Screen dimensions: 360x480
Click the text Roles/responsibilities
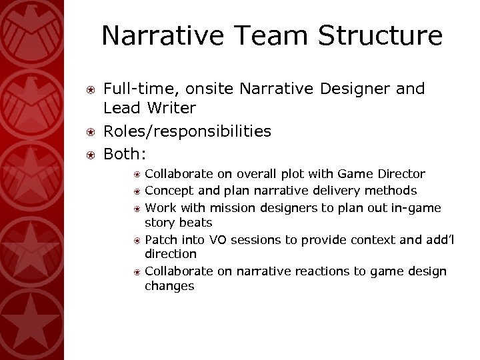coord(187,131)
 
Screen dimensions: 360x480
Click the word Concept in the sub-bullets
coord(167,191)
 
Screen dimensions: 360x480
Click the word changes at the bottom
coord(169,286)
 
